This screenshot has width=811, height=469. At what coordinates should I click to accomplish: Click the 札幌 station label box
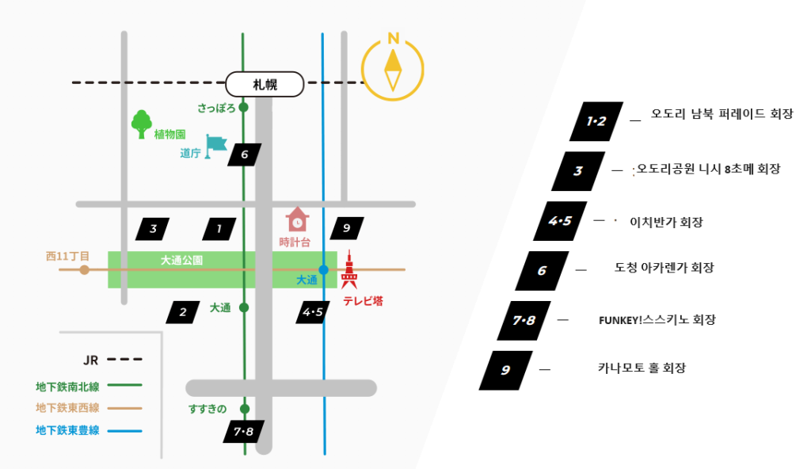[x=265, y=84]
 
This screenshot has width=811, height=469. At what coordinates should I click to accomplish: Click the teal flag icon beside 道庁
[x=215, y=146]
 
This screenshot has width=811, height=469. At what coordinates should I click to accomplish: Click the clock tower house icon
[x=297, y=219]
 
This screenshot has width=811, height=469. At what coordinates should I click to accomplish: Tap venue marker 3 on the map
[x=153, y=230]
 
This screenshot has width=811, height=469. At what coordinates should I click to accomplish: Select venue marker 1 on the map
[x=219, y=230]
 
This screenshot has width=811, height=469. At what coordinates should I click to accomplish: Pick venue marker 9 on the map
[x=346, y=229]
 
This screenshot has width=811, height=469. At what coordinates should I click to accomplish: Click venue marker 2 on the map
[x=183, y=312]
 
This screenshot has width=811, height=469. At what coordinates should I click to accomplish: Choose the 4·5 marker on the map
[x=313, y=312]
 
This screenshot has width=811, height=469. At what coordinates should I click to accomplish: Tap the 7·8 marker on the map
[x=243, y=432]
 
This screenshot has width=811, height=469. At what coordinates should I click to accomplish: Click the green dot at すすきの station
[x=244, y=409]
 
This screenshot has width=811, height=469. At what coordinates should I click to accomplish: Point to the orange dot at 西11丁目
[x=84, y=269]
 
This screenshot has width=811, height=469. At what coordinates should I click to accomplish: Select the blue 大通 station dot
[x=323, y=269]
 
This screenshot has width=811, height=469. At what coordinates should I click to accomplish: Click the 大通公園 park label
[x=181, y=260]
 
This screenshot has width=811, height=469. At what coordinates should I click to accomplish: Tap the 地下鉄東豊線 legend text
[x=67, y=431]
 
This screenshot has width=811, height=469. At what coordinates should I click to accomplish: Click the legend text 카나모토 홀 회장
[x=641, y=368]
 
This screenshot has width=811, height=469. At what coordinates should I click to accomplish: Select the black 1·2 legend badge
[x=596, y=121]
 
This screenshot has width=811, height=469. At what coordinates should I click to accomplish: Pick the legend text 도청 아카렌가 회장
[x=664, y=269]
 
